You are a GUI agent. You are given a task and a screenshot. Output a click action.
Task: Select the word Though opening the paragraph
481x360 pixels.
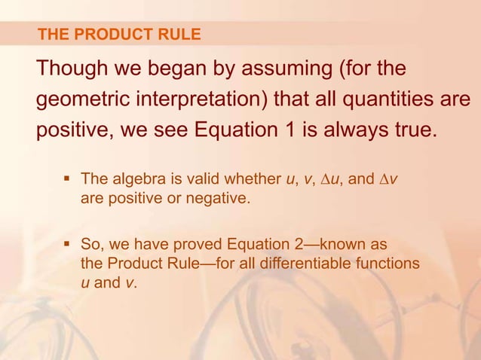(x=70, y=70)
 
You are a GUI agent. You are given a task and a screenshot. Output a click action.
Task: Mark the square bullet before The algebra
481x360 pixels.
(x=67, y=178)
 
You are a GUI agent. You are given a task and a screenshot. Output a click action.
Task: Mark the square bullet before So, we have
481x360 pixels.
(x=67, y=244)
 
